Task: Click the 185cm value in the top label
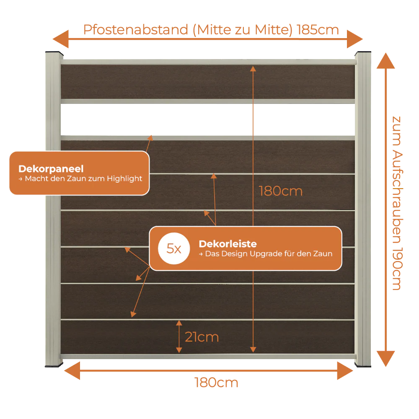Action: coord(318,30)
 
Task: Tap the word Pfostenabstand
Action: coord(136,30)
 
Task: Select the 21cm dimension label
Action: coord(202,337)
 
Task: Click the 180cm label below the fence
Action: coord(216,383)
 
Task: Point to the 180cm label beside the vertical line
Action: coord(281,191)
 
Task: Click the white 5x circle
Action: coord(174,248)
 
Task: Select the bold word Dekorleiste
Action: coord(228,244)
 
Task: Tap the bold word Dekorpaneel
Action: coord(51,169)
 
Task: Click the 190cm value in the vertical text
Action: coord(397,269)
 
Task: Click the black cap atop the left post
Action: coord(54,54)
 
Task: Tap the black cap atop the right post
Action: coord(362,53)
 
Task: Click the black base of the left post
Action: coord(54,365)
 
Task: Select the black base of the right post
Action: coord(363,365)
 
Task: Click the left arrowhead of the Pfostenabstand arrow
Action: coord(61,39)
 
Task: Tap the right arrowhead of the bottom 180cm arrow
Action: coord(345,371)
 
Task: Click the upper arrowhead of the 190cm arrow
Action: coord(385,61)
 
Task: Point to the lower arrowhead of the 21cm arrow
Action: coord(179,350)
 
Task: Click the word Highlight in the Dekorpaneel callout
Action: coord(124,179)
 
